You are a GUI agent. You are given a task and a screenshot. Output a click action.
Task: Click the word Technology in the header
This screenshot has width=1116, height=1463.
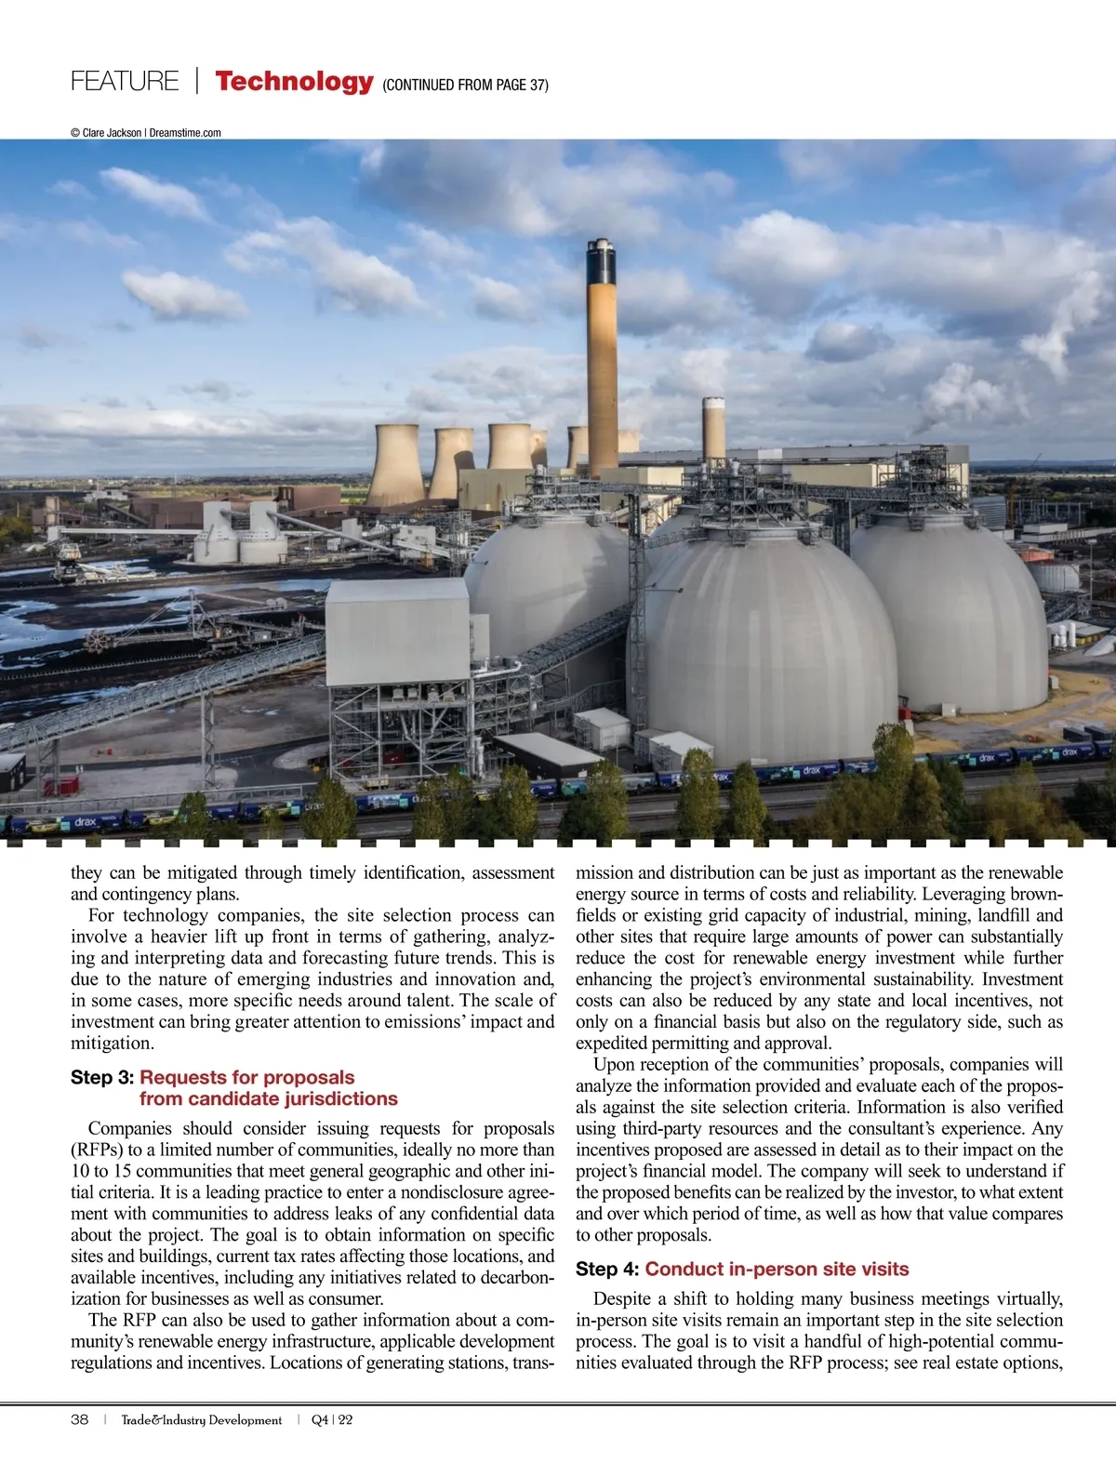294,82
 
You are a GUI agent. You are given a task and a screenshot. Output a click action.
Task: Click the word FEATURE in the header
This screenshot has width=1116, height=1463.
125,82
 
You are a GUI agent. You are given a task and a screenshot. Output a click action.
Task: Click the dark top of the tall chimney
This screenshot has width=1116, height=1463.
601,261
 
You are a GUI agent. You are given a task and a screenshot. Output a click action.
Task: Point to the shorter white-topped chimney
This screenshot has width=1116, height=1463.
713,428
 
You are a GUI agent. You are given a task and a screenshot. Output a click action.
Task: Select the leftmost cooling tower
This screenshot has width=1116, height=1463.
396,465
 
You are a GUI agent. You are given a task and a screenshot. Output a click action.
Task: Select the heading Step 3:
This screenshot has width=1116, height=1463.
102,1078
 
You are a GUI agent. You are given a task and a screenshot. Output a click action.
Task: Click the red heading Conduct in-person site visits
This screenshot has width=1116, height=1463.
777,1270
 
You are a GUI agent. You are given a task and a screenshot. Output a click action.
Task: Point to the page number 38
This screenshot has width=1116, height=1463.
80,1420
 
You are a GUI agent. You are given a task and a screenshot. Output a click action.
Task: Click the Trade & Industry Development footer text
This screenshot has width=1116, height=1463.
201,1420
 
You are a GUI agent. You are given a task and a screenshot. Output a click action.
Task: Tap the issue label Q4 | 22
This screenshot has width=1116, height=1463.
332,1420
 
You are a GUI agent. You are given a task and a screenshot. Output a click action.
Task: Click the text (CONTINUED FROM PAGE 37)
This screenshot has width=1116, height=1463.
465,86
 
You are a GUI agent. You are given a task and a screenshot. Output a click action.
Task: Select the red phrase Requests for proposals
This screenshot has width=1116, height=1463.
246,1078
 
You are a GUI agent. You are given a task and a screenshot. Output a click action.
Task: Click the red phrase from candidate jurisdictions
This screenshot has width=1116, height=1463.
269,1099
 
